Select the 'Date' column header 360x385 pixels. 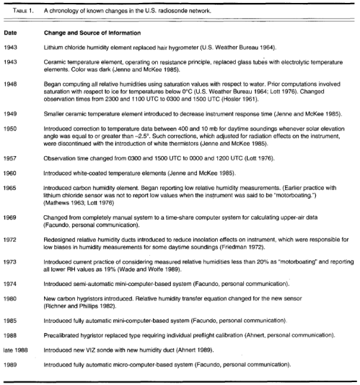[10, 33]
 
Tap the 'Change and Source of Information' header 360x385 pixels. [89, 33]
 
